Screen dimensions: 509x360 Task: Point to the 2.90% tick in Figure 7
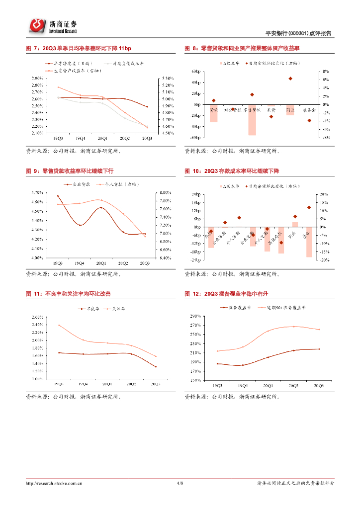coord(36,79)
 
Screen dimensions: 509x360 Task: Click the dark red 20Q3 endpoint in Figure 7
coord(147,107)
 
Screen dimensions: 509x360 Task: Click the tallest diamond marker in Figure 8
coord(290,79)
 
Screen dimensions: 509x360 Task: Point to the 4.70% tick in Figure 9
coord(36,192)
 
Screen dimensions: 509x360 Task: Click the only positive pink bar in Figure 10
coord(295,224)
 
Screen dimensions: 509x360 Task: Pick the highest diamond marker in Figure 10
coord(309,207)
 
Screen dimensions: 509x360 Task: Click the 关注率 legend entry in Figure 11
coord(114,309)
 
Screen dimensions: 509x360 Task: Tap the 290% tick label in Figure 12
coord(194,316)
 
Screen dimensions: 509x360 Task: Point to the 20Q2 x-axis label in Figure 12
coord(293,386)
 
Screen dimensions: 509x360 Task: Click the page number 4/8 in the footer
coord(180,483)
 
